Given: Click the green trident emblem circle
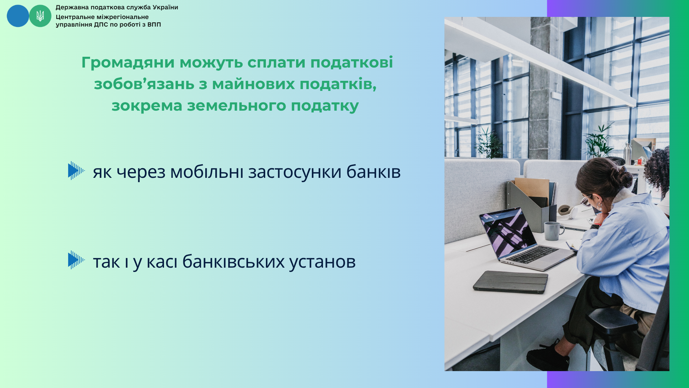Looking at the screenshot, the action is pyautogui.click(x=40, y=16).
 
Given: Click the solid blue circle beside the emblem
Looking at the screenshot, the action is pyautogui.click(x=18, y=16).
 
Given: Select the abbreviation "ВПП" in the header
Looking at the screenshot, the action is pyautogui.click(x=154, y=24).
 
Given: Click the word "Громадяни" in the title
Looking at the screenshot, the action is pyautogui.click(x=128, y=63).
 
